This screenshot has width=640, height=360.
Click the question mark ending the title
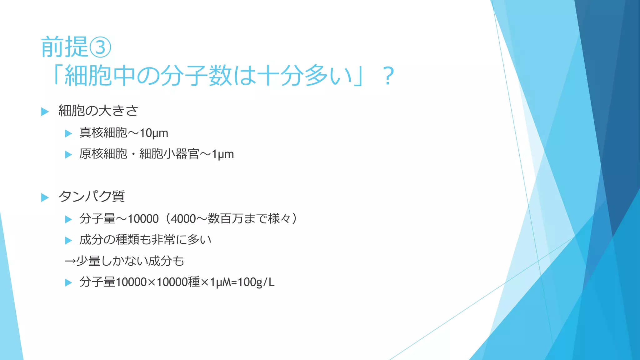click(x=388, y=76)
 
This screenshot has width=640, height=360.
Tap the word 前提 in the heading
click(x=64, y=47)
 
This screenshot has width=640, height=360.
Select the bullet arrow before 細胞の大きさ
click(x=45, y=112)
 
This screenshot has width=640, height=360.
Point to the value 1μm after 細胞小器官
click(x=223, y=154)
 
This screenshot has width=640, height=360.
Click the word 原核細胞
click(x=103, y=154)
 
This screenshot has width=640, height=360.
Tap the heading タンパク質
click(x=92, y=197)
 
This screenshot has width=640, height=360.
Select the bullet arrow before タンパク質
click(x=45, y=197)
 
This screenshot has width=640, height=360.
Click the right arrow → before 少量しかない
click(x=70, y=261)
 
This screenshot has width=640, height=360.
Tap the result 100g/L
click(x=256, y=282)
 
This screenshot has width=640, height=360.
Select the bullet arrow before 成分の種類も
click(x=68, y=240)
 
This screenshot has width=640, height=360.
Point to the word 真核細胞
click(x=103, y=133)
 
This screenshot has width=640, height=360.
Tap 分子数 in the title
click(x=197, y=76)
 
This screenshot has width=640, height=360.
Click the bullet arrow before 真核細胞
click(x=68, y=134)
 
